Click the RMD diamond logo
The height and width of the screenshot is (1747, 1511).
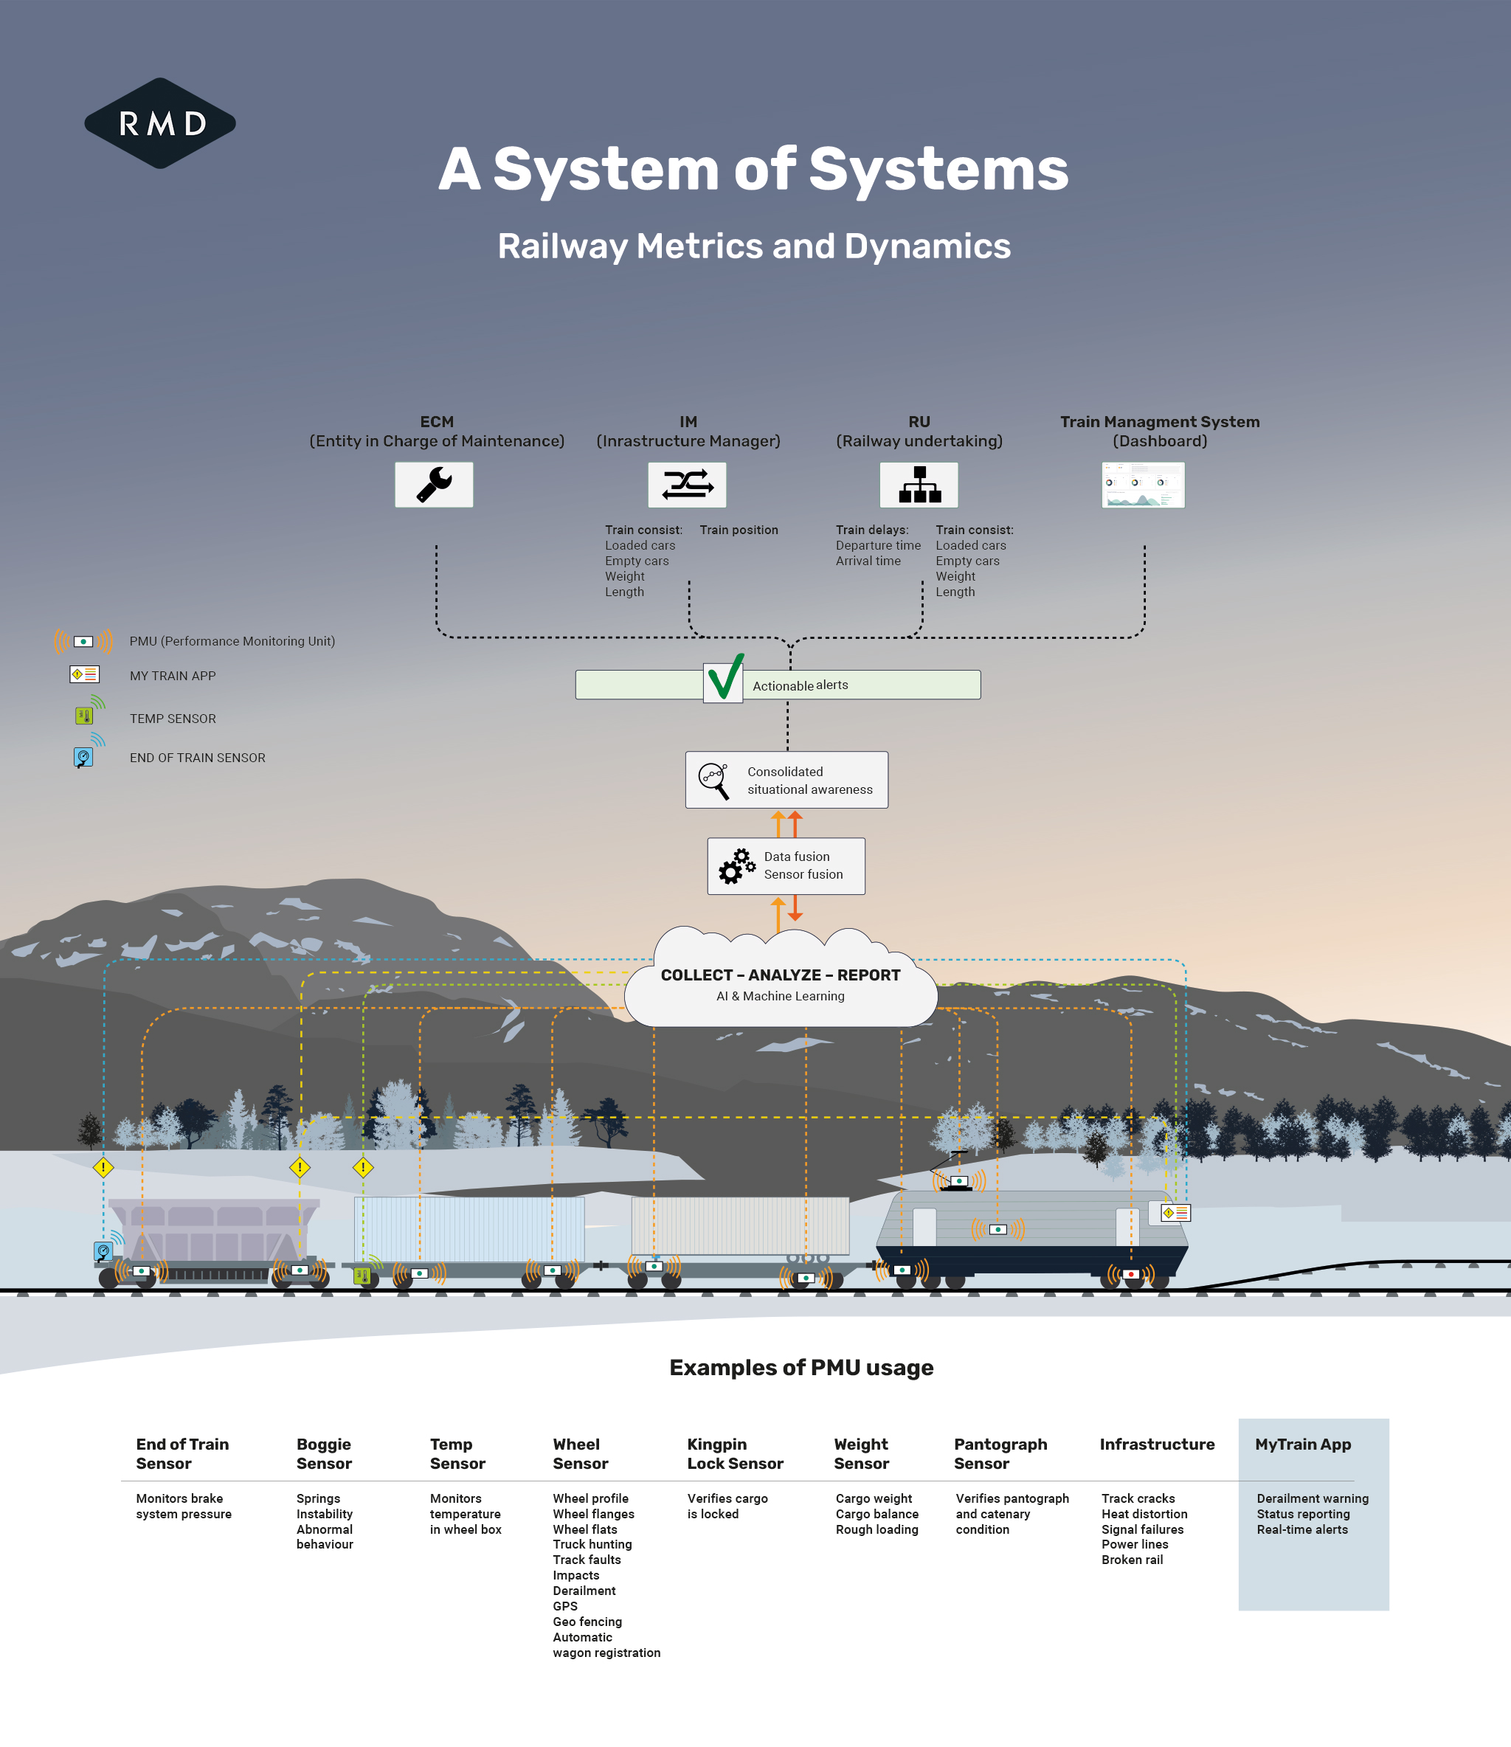pyautogui.click(x=160, y=123)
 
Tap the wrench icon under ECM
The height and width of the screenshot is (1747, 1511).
pyautogui.click(x=435, y=485)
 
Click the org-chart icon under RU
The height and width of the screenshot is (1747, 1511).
pyautogui.click(x=919, y=485)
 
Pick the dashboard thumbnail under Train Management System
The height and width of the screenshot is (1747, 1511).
pyautogui.click(x=1144, y=485)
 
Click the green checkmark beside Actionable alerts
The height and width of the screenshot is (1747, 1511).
pyautogui.click(x=725, y=677)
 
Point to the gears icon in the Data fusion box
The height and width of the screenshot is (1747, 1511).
pyautogui.click(x=737, y=866)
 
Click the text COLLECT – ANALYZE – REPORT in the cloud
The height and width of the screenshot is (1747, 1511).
pyautogui.click(x=781, y=975)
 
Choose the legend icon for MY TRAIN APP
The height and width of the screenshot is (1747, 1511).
pyautogui.click(x=84, y=674)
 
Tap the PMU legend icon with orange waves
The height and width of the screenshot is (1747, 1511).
pyautogui.click(x=83, y=642)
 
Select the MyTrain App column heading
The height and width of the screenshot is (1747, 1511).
pyautogui.click(x=1303, y=1445)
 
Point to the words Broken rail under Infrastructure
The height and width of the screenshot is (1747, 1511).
pyautogui.click(x=1133, y=1560)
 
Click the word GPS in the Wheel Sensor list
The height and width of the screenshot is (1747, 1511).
pyautogui.click(x=565, y=1606)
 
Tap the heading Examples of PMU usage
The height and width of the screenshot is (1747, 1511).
pyautogui.click(x=801, y=1368)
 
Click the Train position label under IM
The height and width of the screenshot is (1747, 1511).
pyautogui.click(x=739, y=530)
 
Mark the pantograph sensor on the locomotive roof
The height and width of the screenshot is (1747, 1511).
pyautogui.click(x=958, y=1180)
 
